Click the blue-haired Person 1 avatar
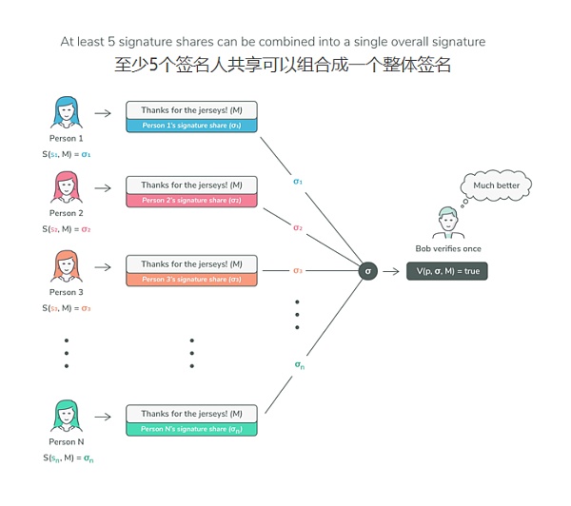coord(67,112)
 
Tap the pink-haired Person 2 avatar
coord(67,187)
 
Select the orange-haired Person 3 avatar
coord(67,266)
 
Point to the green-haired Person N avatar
coord(67,417)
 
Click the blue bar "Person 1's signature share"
coord(191,126)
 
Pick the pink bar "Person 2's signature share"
coord(191,201)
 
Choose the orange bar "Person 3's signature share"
coord(191,279)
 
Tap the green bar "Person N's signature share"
coord(191,429)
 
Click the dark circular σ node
coord(368,271)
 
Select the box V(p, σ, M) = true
coord(446,271)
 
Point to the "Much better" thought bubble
coord(496,185)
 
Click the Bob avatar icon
coord(447,223)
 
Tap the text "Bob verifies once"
coord(447,249)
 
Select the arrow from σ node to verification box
coord(392,271)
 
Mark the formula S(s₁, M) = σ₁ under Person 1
coord(67,153)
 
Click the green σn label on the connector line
coord(299,364)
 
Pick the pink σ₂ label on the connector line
coord(298,227)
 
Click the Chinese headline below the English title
coord(281,66)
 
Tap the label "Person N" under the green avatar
coord(67,442)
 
